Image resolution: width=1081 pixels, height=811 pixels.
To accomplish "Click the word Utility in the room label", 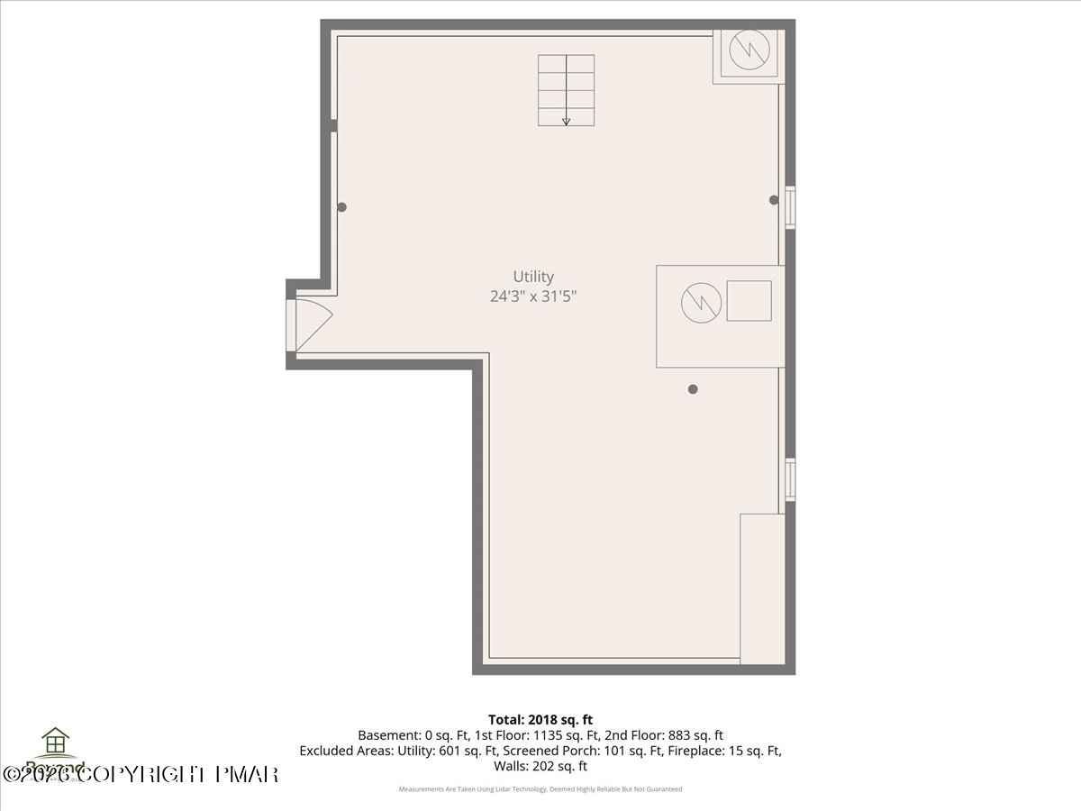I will point(533,277).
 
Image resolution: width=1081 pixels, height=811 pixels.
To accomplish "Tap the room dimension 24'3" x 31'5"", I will point(533,296).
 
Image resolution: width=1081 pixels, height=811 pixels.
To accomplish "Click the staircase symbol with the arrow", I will point(567,90).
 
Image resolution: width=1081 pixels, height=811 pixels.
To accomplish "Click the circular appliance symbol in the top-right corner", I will point(749,52).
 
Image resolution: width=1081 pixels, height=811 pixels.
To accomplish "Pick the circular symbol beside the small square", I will point(701,302).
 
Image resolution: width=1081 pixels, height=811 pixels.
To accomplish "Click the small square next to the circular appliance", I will point(749,301).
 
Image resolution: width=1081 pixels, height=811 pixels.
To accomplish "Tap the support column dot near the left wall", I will point(341,207).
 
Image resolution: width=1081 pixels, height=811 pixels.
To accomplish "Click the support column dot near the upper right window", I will point(773,200).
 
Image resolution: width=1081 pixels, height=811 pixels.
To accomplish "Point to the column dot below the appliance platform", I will point(693,389).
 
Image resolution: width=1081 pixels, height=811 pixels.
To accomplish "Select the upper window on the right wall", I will point(790,207).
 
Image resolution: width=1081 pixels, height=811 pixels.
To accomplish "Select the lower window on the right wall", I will point(790,479).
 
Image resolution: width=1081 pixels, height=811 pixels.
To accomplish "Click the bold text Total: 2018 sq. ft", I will point(540,719).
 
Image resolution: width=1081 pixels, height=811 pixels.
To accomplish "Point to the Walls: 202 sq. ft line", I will point(540,766).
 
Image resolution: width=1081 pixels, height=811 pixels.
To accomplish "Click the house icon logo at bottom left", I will point(56,743).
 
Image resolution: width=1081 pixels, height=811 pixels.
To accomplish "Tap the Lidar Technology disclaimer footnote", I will point(540,789).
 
